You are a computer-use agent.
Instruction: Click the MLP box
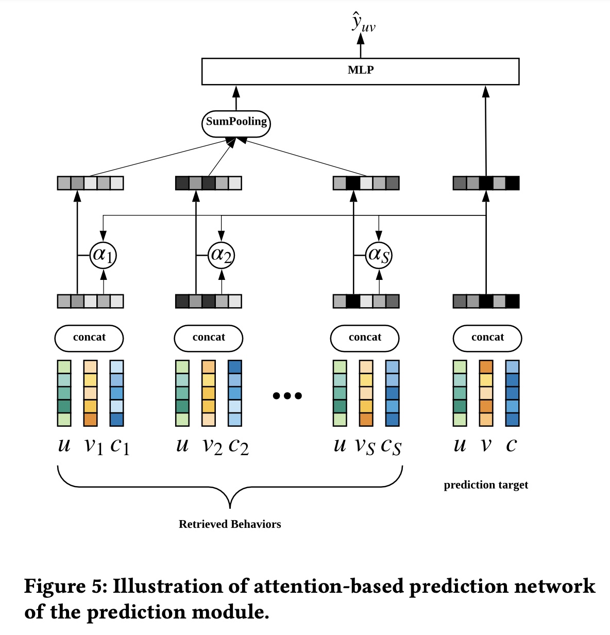pos(360,71)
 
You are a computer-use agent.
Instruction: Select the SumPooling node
pos(236,123)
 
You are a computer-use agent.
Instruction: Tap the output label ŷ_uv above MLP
pos(362,23)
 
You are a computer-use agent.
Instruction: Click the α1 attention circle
pos(103,255)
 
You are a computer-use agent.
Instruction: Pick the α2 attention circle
pos(222,255)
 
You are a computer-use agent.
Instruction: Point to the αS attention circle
pos(379,255)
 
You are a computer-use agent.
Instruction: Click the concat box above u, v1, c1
pos(89,338)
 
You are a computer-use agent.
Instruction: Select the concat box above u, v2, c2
pos(209,338)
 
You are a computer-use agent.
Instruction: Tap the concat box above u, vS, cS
pos(365,338)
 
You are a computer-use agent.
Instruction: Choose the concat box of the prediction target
pos(487,338)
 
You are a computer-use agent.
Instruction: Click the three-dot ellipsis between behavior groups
pos(287,396)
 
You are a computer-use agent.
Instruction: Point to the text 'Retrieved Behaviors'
pos(230,524)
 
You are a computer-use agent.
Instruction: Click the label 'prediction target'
pos(486,485)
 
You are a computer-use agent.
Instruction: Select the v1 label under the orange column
pos(94,446)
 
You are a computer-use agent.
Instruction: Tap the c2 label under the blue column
pos(239,446)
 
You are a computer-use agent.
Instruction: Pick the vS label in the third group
pos(365,446)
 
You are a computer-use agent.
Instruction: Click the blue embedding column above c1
pos(117,393)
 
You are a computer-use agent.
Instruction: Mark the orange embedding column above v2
pos(209,393)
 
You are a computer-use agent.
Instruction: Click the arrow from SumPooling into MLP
pos(236,97)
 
